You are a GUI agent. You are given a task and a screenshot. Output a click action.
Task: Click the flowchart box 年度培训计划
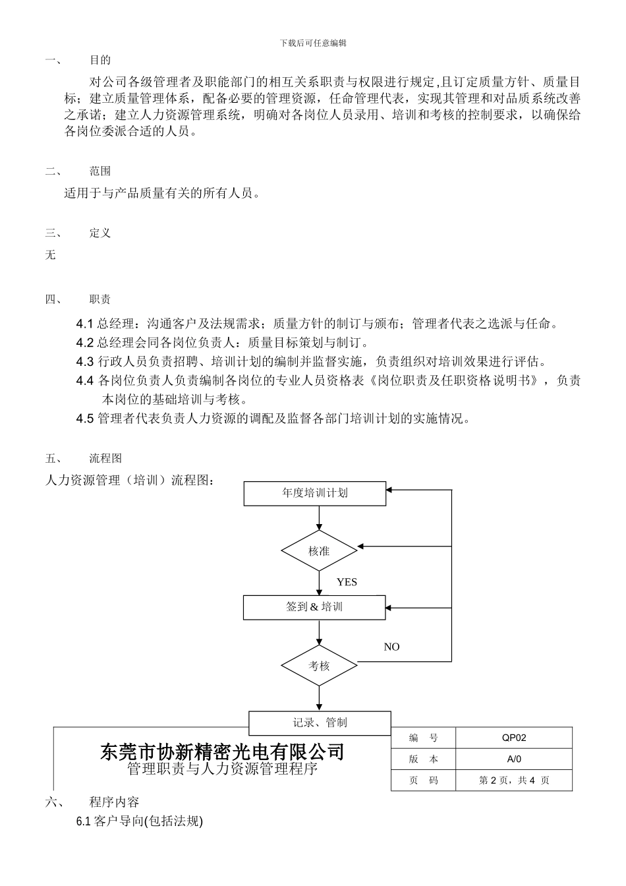314,493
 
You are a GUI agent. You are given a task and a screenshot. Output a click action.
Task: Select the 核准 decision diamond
319,550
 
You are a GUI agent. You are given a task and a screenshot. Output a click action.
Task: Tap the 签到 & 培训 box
314,607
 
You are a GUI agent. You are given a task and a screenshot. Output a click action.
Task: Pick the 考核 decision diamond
319,666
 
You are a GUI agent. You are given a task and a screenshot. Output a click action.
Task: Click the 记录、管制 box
320,723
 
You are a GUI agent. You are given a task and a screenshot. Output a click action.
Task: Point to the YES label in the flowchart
347,582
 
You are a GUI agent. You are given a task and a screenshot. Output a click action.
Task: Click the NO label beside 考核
391,647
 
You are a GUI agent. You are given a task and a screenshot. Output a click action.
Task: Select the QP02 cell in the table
514,738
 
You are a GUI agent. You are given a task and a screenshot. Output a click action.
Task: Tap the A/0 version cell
514,759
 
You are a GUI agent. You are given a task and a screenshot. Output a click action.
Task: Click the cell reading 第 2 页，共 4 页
514,781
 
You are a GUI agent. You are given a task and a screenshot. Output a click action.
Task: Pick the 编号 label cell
423,738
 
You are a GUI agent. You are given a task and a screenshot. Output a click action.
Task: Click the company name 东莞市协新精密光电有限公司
222,752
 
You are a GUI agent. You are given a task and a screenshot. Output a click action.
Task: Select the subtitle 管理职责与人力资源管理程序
222,769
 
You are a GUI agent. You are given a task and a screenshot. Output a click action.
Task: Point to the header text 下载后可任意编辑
313,43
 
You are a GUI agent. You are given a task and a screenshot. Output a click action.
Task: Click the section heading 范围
100,171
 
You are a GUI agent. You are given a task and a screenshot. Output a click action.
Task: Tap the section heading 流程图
105,459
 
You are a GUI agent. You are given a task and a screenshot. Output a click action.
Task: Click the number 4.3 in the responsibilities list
85,361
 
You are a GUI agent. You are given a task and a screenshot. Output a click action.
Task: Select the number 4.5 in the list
85,419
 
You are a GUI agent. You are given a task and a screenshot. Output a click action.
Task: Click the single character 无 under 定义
51,255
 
